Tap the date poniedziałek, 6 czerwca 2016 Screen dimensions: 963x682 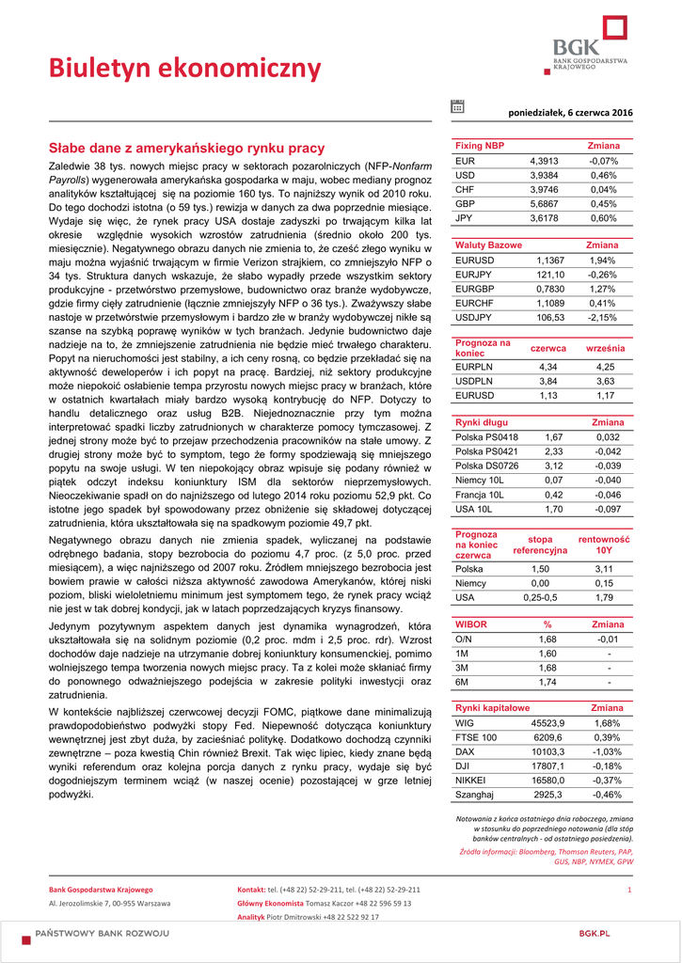(x=571, y=113)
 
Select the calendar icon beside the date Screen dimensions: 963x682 (x=457, y=107)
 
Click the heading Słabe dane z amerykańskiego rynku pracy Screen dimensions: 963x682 (x=186, y=148)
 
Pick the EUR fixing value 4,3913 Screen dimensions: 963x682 (x=544, y=161)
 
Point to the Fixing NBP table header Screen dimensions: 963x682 (x=480, y=147)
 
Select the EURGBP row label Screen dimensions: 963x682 (x=474, y=289)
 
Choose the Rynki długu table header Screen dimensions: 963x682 (x=482, y=422)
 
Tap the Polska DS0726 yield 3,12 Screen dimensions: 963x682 (x=553, y=466)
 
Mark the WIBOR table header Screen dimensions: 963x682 (x=471, y=624)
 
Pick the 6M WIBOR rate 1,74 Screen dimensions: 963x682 (x=547, y=682)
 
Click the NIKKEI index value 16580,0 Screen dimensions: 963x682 (x=547, y=781)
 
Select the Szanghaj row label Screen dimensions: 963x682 (x=474, y=795)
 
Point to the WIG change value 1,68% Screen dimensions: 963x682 (x=608, y=723)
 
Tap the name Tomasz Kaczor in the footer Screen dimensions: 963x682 (x=328, y=903)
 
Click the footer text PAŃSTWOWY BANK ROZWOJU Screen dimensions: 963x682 (x=103, y=933)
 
